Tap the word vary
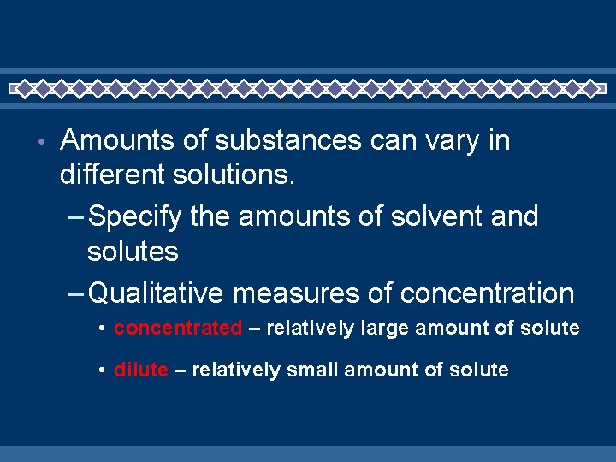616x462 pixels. (446, 140)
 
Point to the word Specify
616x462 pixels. (135, 217)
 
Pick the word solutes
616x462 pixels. (133, 252)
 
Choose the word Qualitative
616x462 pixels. (157, 293)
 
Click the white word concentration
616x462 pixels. (487, 293)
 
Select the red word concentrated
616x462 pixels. (178, 328)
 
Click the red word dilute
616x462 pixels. (141, 370)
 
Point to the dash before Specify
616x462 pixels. (75, 218)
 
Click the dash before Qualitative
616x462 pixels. (75, 294)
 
